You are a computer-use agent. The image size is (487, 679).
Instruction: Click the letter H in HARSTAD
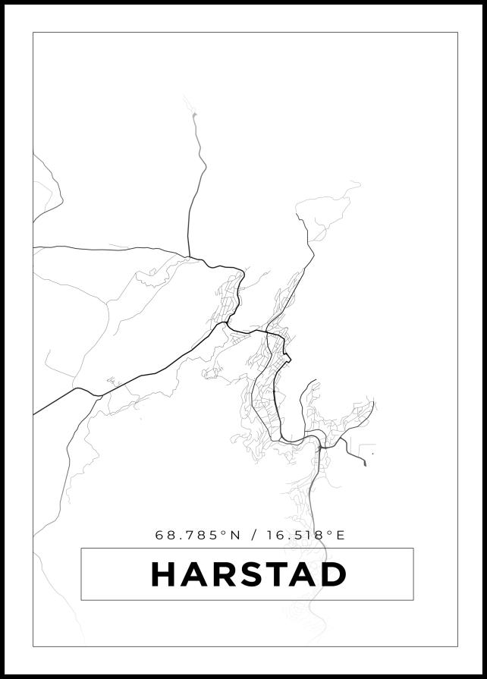164,574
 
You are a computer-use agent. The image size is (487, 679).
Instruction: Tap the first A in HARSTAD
193,574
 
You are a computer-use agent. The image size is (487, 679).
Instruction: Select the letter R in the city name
221,574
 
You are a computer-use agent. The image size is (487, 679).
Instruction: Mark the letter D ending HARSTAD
331,574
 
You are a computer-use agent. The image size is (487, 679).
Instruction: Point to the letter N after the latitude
234,535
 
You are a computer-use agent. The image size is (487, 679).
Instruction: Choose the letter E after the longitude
340,535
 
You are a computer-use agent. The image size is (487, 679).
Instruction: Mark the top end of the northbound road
194,115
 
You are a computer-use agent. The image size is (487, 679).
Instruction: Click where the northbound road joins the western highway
189,256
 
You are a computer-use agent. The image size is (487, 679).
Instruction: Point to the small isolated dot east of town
372,454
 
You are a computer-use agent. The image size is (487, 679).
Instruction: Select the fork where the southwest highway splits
97,394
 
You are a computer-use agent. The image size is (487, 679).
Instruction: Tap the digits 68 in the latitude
163,535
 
